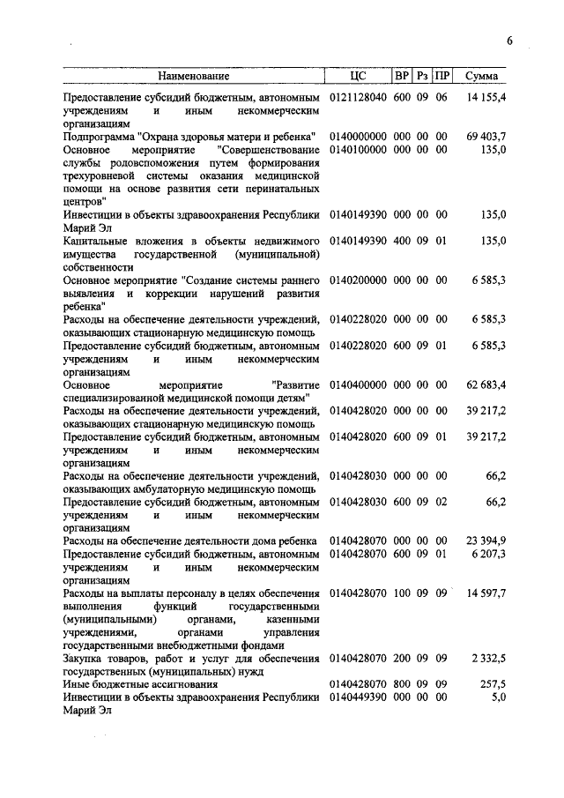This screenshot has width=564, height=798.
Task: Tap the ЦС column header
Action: point(357,77)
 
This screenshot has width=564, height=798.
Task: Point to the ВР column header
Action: point(402,77)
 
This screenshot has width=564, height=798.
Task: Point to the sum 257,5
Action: point(493,683)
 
